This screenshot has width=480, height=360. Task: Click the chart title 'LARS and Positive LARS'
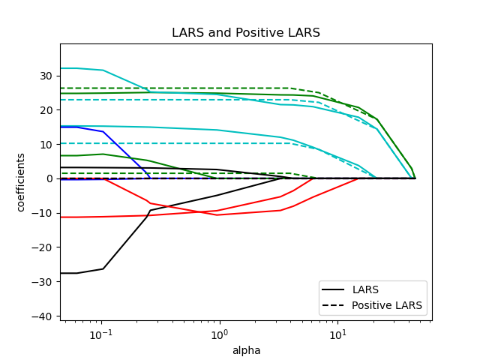tap(246, 33)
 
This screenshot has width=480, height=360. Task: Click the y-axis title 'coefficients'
tap(21, 181)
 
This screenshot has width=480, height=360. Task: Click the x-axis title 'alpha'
tap(246, 350)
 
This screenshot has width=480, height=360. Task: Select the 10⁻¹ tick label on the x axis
tap(100, 334)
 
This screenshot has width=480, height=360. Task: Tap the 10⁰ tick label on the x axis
tap(219, 334)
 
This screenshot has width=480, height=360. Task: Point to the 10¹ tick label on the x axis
tap(337, 334)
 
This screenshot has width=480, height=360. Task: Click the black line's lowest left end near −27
tap(61, 273)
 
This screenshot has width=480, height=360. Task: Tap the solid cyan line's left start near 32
tap(61, 68)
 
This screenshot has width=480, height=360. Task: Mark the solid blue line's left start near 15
tap(61, 127)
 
